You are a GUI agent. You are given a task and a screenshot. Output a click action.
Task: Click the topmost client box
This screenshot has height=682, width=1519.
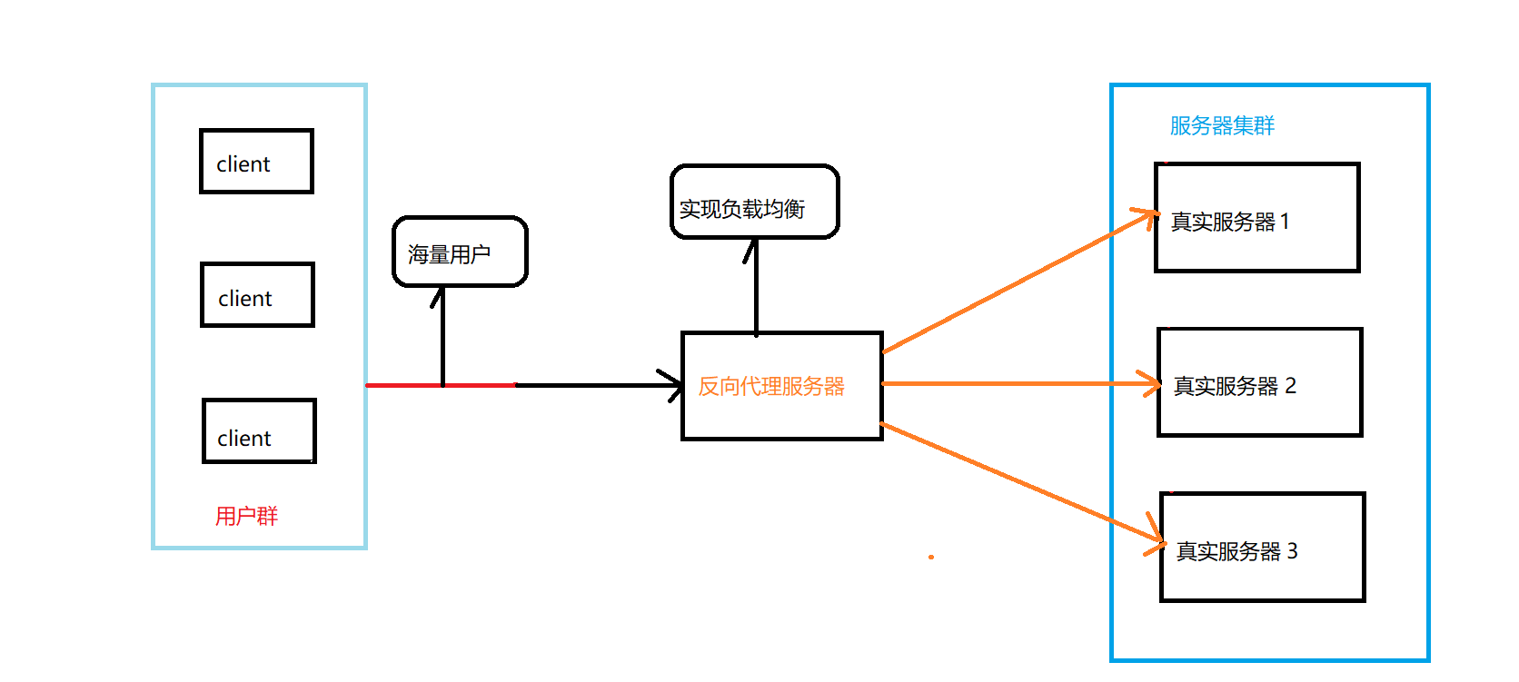click(x=256, y=162)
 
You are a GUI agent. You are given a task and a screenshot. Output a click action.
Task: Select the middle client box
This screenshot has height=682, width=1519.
click(x=257, y=295)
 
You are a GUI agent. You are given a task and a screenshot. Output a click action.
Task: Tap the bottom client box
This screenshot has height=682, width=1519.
click(x=259, y=431)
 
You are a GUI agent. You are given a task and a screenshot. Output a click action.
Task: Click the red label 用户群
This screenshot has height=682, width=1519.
click(x=246, y=517)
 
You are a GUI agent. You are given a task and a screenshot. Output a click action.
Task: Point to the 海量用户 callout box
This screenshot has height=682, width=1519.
click(x=460, y=252)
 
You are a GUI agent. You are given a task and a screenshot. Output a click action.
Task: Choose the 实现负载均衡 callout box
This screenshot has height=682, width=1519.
click(x=754, y=203)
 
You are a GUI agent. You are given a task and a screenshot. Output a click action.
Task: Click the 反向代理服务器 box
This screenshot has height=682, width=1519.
click(x=781, y=387)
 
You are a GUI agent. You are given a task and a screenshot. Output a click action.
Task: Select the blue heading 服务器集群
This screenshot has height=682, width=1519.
click(x=1222, y=125)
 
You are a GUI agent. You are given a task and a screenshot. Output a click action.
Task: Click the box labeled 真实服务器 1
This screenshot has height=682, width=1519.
click(x=1256, y=218)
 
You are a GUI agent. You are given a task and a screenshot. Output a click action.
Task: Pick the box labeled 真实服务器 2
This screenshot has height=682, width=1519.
click(x=1259, y=383)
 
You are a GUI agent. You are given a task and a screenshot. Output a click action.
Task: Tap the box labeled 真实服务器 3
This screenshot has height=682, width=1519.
click(x=1262, y=548)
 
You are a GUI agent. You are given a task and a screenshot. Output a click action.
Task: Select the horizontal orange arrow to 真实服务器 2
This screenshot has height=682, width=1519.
click(x=1018, y=384)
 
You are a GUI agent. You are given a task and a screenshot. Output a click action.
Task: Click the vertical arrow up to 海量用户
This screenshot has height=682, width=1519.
click(x=442, y=336)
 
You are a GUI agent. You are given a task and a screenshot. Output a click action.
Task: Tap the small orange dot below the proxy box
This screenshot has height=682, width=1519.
click(x=931, y=557)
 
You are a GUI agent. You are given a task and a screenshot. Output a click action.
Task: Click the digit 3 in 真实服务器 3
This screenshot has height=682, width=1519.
click(x=1292, y=550)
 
